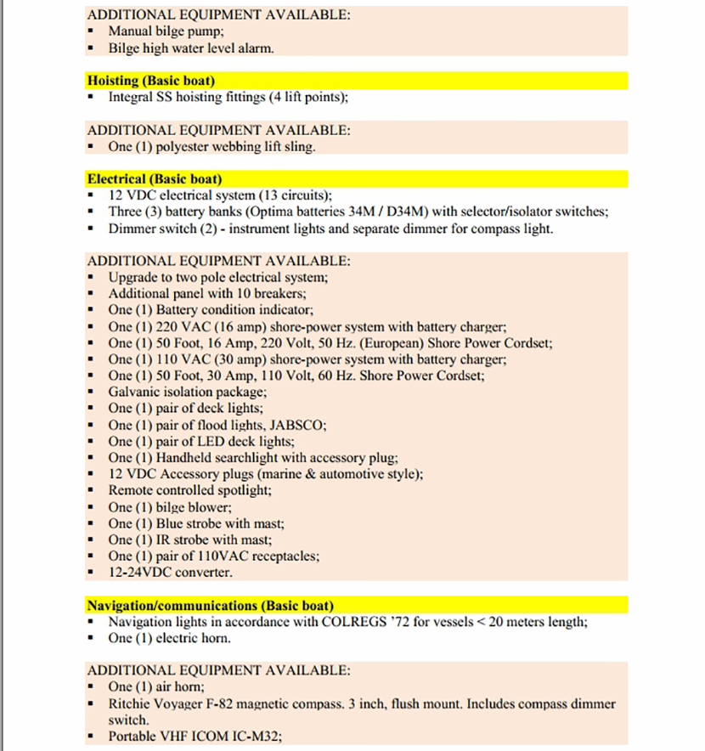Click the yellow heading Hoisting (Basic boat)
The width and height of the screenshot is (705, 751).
coord(150,81)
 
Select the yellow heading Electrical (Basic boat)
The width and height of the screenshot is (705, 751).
coord(154,179)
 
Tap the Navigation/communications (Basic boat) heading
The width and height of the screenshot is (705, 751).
coord(210,606)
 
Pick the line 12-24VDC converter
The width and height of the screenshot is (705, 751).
coord(170,573)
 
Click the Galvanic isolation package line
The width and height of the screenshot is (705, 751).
coord(187,392)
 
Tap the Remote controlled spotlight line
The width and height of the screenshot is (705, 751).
coord(189,491)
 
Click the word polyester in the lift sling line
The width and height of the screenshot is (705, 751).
coord(185,147)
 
